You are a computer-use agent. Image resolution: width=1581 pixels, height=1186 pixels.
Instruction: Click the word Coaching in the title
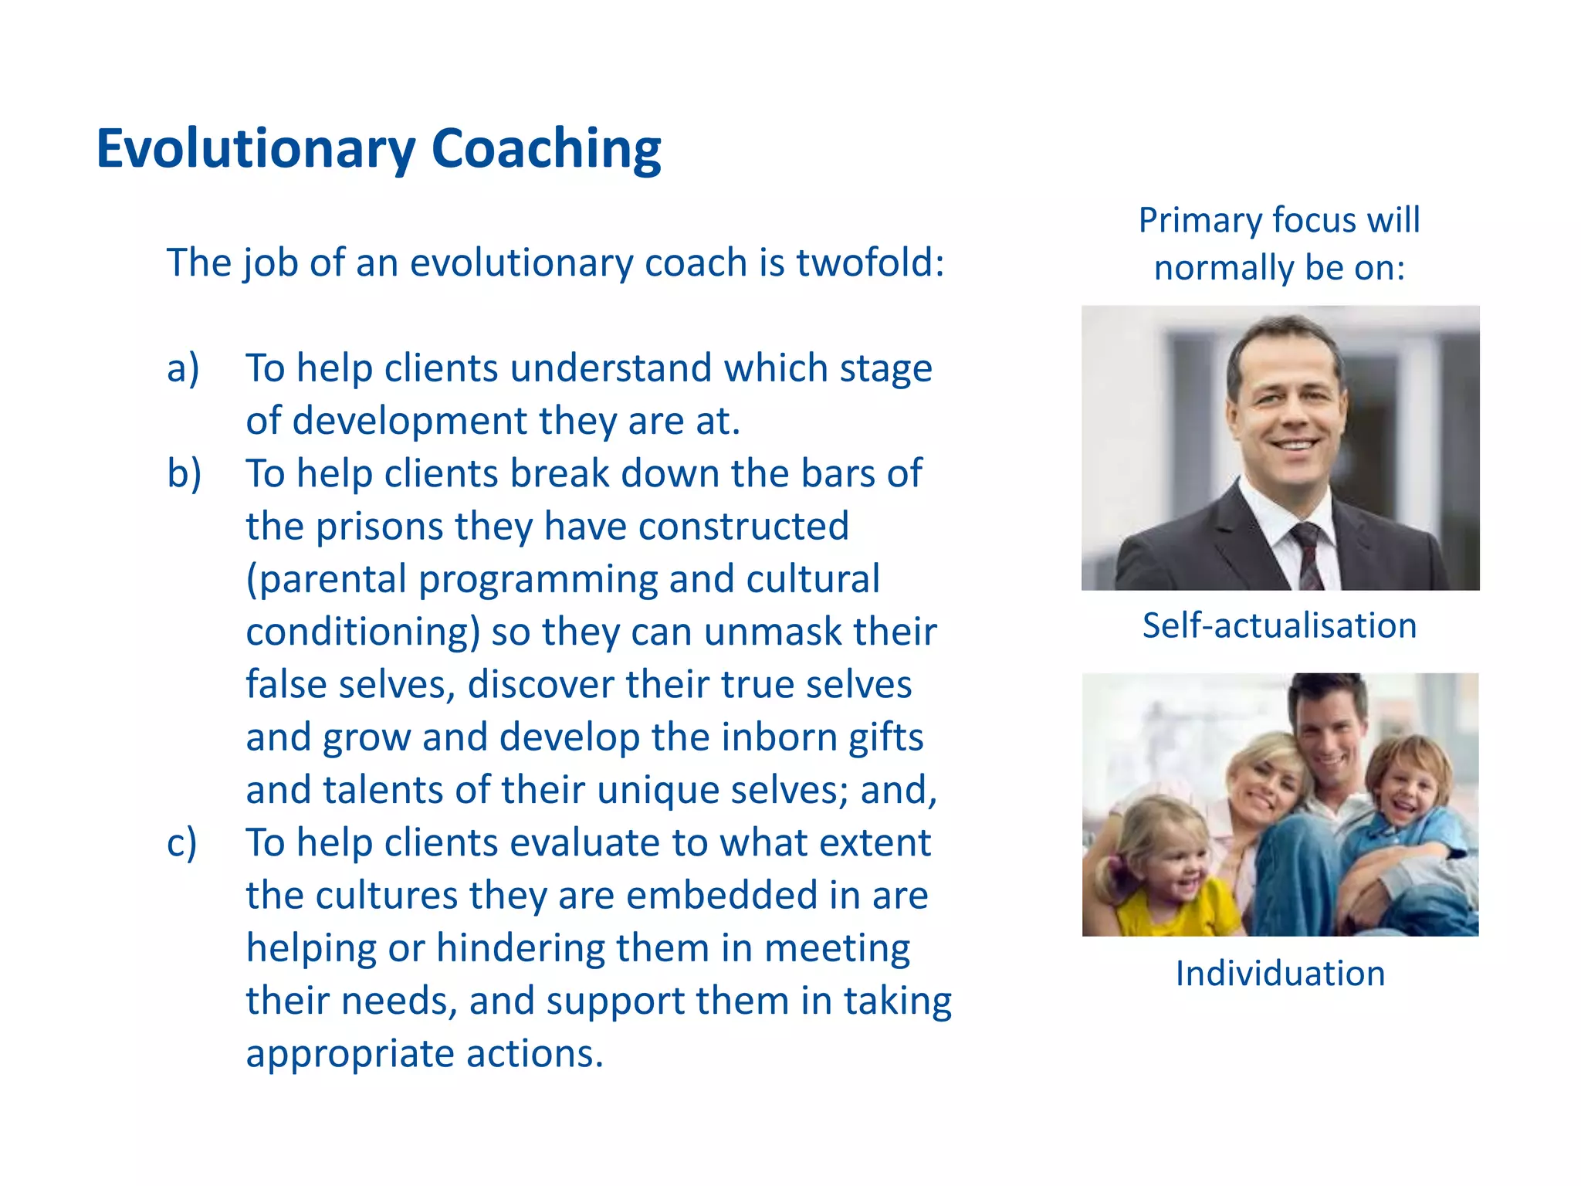tap(546, 148)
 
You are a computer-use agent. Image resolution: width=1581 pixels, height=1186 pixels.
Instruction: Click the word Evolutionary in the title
tap(256, 148)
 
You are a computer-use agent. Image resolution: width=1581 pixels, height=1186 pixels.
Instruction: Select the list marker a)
tap(183, 368)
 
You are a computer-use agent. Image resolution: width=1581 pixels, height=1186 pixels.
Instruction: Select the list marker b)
tap(184, 473)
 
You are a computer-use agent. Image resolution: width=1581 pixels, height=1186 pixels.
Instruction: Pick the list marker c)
tap(182, 842)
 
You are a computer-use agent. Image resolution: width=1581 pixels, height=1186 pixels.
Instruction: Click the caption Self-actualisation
tap(1279, 625)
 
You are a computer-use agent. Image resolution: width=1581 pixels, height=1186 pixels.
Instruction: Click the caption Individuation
tap(1280, 974)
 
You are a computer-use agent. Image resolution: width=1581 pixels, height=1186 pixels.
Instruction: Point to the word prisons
tap(379, 527)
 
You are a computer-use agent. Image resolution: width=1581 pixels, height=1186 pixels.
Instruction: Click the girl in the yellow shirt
tap(1158, 873)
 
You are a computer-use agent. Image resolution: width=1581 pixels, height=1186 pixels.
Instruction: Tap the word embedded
tap(722, 896)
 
